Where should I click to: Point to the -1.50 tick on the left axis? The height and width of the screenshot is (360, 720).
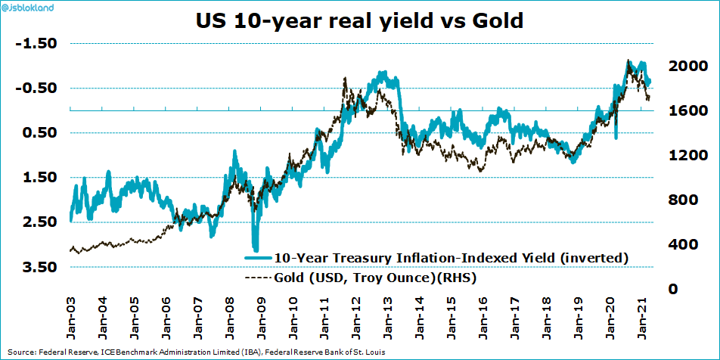(x=36, y=43)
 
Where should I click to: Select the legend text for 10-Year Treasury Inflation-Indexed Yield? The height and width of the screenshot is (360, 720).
(x=452, y=257)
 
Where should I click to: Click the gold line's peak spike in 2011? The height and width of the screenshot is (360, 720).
(x=345, y=78)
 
